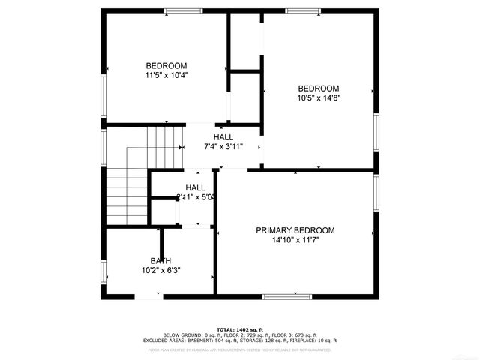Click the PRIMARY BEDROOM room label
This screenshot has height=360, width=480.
295,230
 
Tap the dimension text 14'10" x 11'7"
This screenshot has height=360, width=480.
295,240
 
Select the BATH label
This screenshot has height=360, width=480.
160,260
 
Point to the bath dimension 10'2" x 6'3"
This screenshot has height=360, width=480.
160,270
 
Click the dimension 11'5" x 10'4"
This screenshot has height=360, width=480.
166,75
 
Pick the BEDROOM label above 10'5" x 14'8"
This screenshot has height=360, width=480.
319,88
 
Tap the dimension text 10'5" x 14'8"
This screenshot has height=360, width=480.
319,97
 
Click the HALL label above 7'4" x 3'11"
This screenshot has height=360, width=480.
223,137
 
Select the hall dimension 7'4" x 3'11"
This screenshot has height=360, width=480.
223,147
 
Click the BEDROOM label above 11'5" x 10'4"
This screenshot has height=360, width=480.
166,65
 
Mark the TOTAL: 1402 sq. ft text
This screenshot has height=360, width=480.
240,329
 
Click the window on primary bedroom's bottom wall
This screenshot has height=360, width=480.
287,297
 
